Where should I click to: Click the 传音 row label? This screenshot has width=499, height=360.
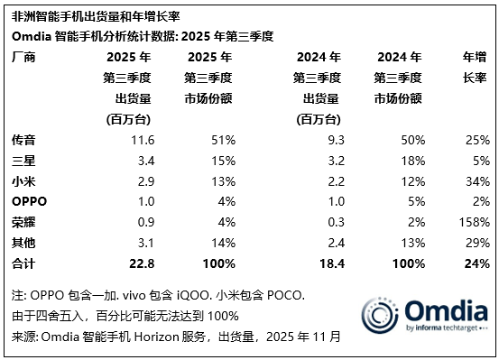click(23, 142)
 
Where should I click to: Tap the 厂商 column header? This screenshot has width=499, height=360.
click(23, 57)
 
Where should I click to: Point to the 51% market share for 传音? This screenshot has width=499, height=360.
click(224, 142)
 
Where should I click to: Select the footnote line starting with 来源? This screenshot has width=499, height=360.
click(176, 337)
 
